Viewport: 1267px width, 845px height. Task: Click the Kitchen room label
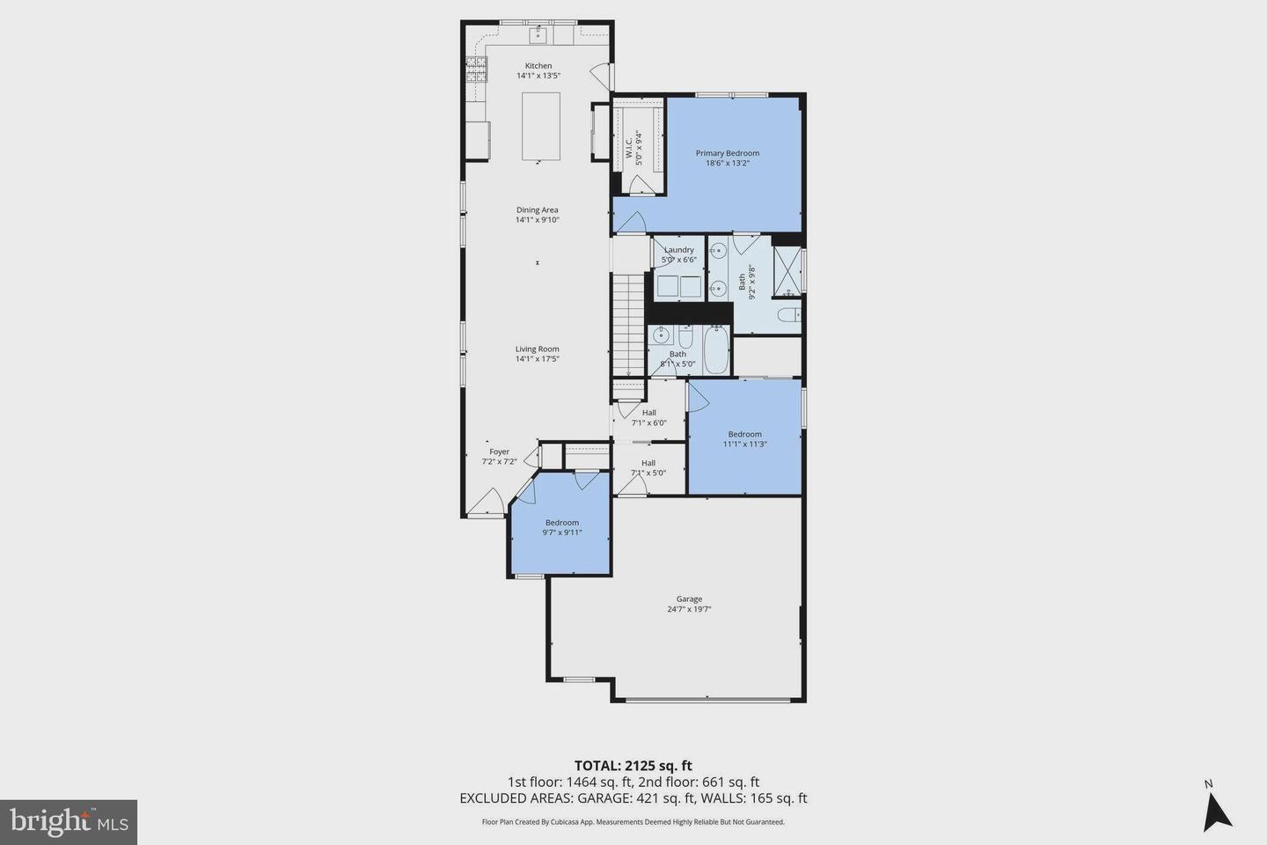click(x=538, y=66)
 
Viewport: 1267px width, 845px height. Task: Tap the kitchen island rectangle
click(x=541, y=126)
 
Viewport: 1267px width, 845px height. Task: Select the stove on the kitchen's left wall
click(x=476, y=69)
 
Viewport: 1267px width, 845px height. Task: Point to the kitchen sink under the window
click(x=538, y=34)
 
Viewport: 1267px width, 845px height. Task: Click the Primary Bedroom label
click(x=727, y=153)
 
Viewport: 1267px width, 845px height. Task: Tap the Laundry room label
click(x=678, y=250)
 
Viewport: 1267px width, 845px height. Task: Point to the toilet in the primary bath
click(x=787, y=314)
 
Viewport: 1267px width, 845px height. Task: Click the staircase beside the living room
click(x=627, y=325)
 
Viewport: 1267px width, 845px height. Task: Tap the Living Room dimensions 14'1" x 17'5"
click(x=538, y=359)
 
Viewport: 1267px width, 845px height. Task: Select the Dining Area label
click(x=538, y=210)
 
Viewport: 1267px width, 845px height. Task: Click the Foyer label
click(x=499, y=452)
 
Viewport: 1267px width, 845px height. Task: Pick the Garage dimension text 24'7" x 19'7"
click(x=689, y=609)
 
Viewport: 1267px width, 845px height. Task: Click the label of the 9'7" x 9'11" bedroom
click(x=561, y=523)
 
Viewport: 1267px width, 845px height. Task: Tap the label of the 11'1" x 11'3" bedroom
click(x=744, y=434)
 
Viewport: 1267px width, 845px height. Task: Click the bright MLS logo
click(x=68, y=822)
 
